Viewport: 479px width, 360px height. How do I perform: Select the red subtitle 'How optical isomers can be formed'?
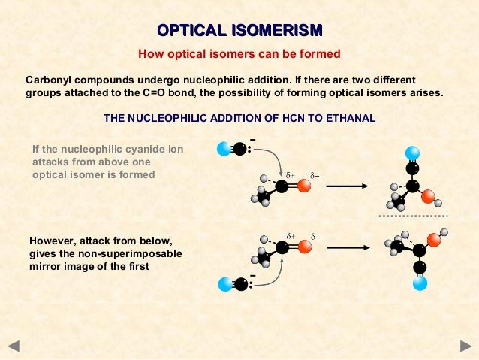(239, 54)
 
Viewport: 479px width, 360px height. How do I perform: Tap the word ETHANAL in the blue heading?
(350, 119)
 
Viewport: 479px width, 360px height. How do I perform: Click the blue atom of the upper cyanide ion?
(223, 149)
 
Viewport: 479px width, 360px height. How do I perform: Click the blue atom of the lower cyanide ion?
(223, 284)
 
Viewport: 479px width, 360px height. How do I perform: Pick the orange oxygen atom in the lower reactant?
(304, 247)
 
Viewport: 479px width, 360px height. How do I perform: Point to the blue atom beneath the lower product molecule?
(420, 283)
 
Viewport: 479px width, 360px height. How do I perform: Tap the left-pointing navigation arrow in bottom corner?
(14, 346)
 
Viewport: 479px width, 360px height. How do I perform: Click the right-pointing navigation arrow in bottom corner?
(465, 346)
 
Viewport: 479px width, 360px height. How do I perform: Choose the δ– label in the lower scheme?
(315, 236)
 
